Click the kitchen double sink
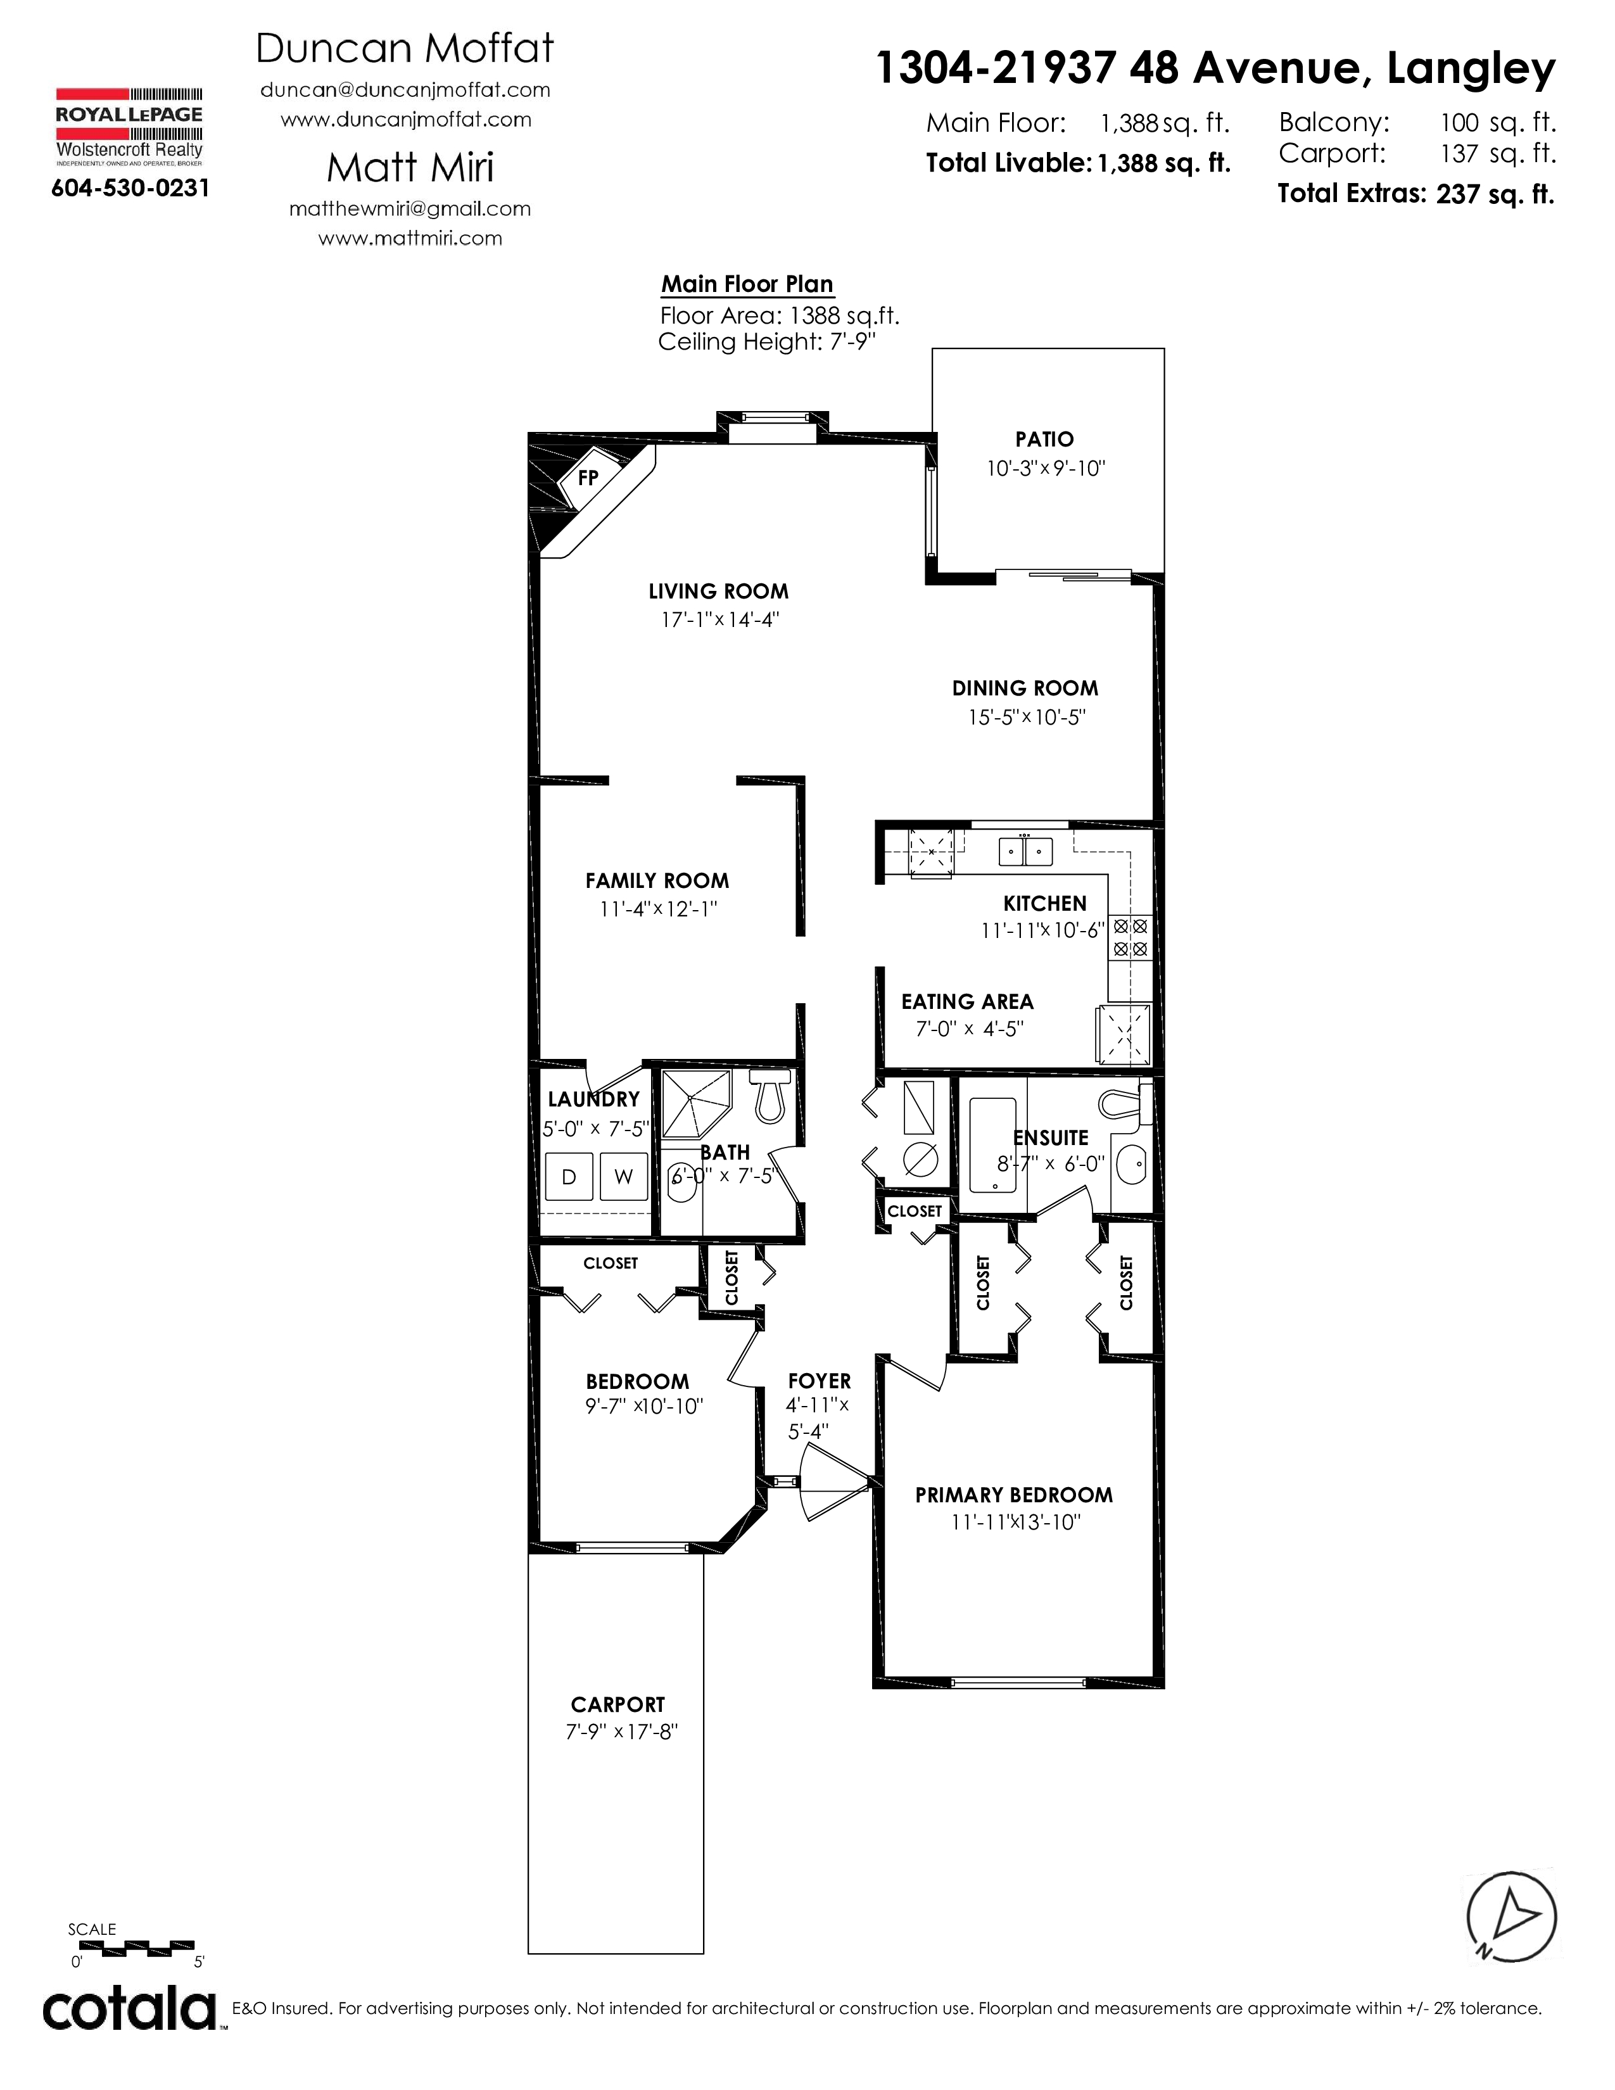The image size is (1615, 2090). tap(1025, 851)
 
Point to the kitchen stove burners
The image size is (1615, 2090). tap(1130, 938)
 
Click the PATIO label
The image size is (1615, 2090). tap(1045, 440)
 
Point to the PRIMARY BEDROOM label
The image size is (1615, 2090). tap(1014, 1495)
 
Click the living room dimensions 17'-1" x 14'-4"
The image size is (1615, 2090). tap(721, 619)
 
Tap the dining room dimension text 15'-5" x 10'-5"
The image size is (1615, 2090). tap(1027, 717)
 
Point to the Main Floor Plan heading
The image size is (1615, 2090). tap(747, 284)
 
